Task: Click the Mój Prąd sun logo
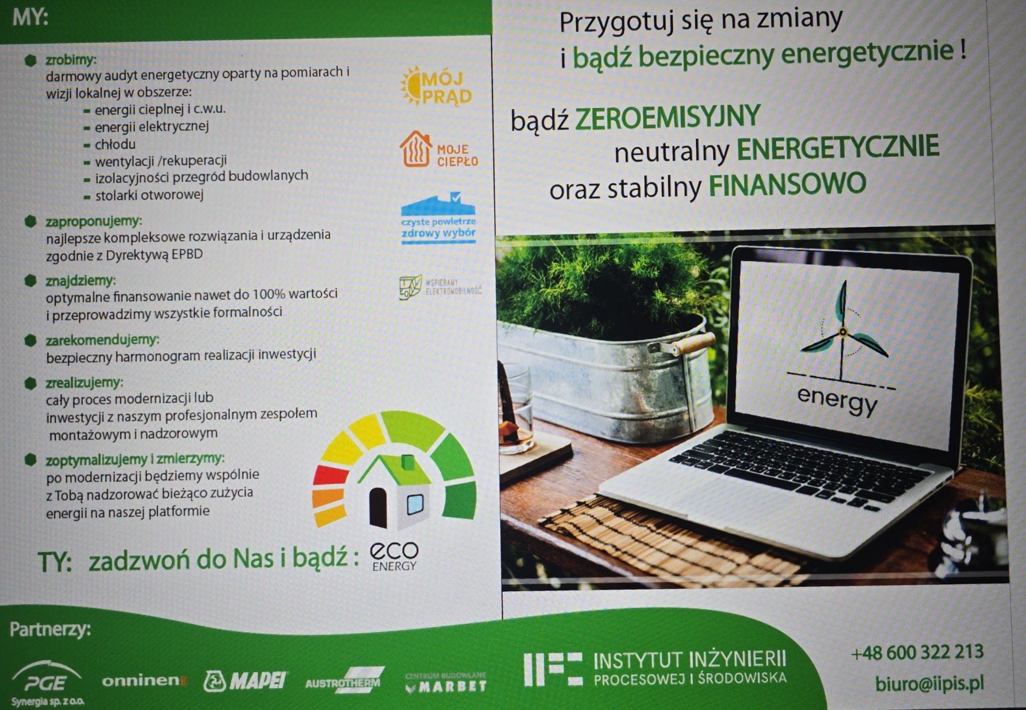pyautogui.click(x=436, y=87)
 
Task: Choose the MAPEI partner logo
pyautogui.click(x=245, y=680)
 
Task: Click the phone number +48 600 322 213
pyautogui.click(x=917, y=652)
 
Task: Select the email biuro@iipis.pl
pyautogui.click(x=929, y=683)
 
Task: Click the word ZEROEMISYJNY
pyautogui.click(x=668, y=117)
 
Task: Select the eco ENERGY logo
pyautogui.click(x=394, y=556)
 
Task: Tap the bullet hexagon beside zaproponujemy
pyautogui.click(x=31, y=221)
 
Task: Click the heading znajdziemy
pyautogui.click(x=80, y=280)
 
